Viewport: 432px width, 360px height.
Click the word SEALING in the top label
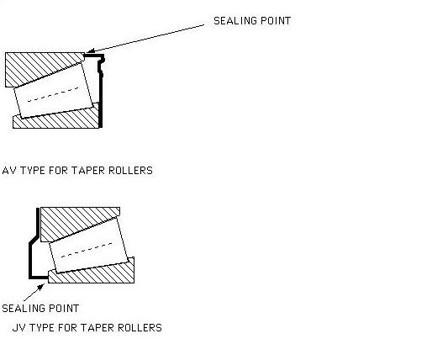point(235,21)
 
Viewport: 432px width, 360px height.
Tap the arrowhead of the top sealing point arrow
point(90,50)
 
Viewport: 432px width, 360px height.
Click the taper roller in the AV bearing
point(54,90)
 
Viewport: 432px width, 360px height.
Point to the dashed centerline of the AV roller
point(53,94)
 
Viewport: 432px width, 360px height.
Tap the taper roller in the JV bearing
point(88,245)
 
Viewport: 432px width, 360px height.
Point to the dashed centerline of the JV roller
point(87,250)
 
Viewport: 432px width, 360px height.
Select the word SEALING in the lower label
point(24,309)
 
